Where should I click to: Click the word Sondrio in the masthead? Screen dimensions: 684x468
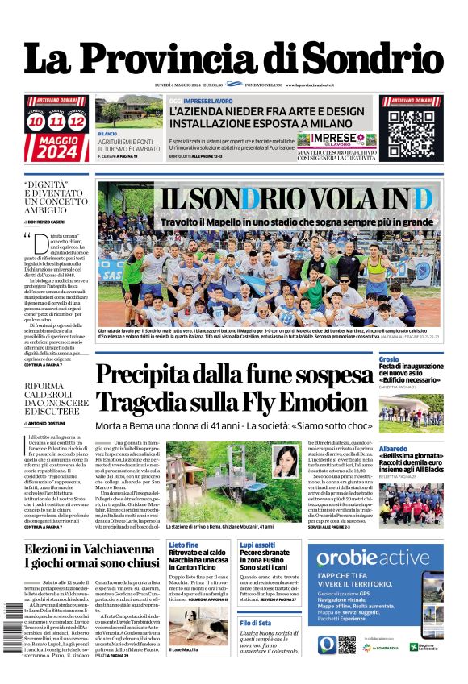[x=378, y=58]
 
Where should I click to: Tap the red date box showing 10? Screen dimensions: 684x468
[x=36, y=122]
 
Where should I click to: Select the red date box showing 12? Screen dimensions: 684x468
[x=77, y=122]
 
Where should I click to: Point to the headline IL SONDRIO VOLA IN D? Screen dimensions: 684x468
[x=295, y=198]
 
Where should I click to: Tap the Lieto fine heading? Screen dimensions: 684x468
[x=183, y=545]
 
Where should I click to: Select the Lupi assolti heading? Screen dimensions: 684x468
[x=257, y=545]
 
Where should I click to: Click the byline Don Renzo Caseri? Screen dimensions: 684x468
[x=55, y=220]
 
